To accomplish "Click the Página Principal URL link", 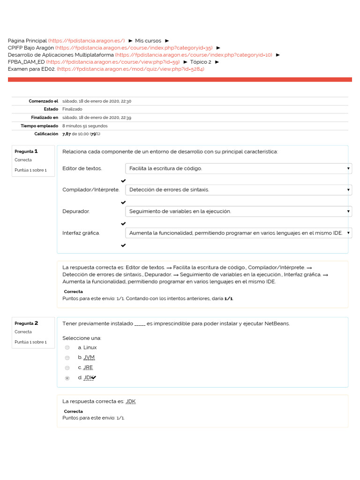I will coord(86,41).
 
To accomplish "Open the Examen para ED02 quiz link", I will coord(130,69).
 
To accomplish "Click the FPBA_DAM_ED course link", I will coord(113,62).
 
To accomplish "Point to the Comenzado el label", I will coord(43,101).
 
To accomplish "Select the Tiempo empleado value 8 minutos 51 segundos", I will coord(85,126).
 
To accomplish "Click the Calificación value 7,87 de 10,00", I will coord(81,134).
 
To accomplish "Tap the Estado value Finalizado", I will coord(72,109).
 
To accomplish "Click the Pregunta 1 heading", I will coord(26,151).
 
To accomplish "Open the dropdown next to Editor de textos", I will coord(238,168).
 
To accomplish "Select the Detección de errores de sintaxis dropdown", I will coord(238,190).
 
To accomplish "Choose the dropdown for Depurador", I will coord(238,211).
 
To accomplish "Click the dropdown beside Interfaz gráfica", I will coord(238,233).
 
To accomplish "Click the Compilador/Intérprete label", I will coord(90,190).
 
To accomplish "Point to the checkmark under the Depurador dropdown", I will coord(123,224).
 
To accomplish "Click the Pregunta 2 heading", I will coord(26,323).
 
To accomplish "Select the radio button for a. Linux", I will coord(67,347).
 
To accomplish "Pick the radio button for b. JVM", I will coord(67,358).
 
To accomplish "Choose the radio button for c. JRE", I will coord(67,367).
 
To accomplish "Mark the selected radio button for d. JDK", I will coord(67,378).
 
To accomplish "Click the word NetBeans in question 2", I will coord(277,323).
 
